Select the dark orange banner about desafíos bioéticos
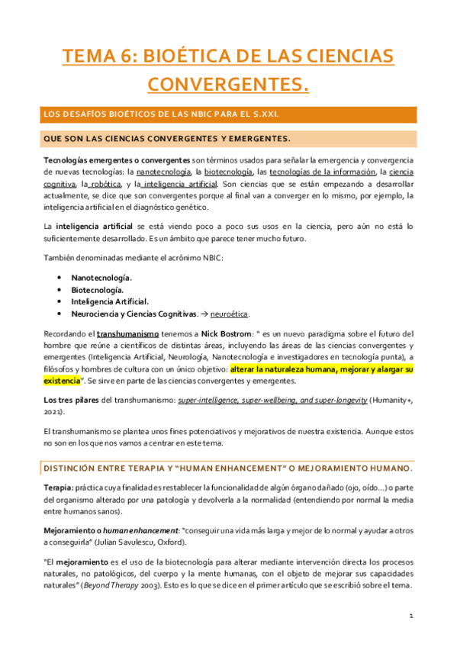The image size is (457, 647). [x=228, y=114]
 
